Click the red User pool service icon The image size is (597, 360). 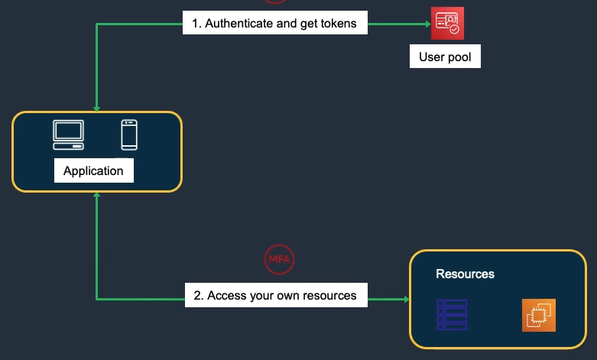point(447,23)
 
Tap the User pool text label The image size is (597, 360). point(445,57)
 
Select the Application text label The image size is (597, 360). point(93,170)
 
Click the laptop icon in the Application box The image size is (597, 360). point(68,135)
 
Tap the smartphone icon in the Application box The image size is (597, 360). point(129,135)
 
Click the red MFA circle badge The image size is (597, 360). point(279,259)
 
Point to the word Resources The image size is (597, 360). point(465,274)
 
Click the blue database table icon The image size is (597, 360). point(452,315)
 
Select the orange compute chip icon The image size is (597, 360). point(539,315)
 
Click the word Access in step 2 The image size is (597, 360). point(227,295)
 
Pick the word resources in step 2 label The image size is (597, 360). point(330,295)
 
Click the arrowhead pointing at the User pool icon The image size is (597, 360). point(427,24)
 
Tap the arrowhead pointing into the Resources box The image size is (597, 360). point(405,299)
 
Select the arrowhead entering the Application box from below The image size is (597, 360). point(97,196)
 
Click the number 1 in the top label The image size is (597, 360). point(196,23)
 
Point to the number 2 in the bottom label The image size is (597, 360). point(197,295)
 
